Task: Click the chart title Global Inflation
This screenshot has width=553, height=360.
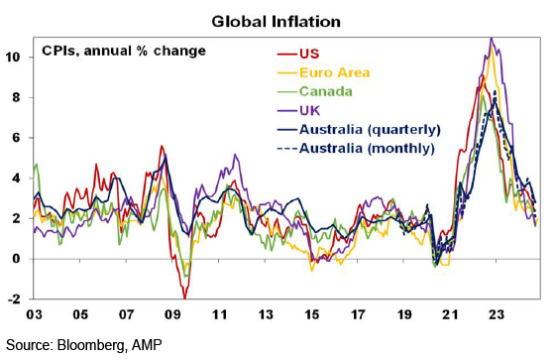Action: (276, 22)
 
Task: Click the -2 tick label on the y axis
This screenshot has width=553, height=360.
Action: (15, 300)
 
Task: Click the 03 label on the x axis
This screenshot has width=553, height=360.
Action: (34, 314)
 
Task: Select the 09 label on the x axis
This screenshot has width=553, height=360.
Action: (172, 314)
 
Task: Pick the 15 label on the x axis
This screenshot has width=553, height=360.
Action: (311, 314)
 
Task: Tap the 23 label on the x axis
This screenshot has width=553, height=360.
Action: (496, 314)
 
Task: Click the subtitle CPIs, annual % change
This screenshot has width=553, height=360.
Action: (124, 51)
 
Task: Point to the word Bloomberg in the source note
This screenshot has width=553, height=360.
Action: (91, 345)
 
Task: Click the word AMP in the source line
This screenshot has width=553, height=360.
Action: (147, 344)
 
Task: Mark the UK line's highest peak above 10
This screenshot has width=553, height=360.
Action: (492, 38)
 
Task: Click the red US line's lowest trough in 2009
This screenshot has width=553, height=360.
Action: (184, 299)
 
